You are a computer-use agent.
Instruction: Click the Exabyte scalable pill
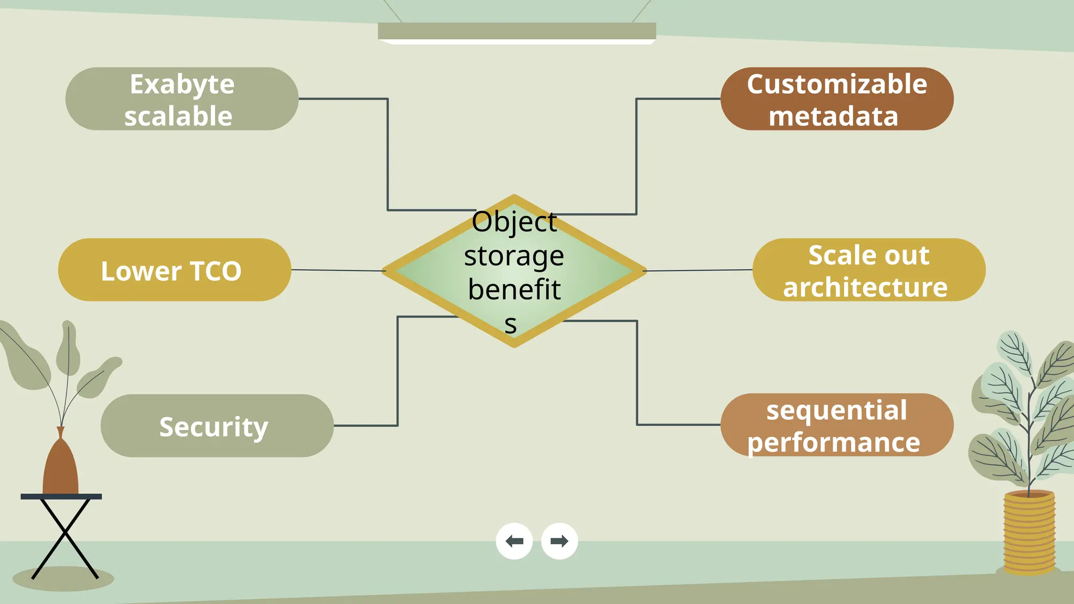click(181, 99)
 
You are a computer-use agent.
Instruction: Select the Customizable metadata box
click(837, 99)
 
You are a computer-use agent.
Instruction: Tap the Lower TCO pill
click(174, 270)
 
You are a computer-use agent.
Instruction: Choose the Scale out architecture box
click(868, 270)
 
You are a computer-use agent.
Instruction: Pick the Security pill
click(217, 426)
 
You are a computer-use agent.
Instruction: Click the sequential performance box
click(837, 425)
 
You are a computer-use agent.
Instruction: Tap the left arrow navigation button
click(514, 541)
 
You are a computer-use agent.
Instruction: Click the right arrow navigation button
click(559, 541)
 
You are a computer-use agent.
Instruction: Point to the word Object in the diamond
click(514, 222)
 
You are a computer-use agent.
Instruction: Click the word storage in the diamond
click(514, 256)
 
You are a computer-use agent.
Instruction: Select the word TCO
click(216, 271)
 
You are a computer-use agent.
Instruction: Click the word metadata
click(833, 116)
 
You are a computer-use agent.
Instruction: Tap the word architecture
click(865, 287)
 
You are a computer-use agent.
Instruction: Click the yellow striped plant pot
click(1029, 532)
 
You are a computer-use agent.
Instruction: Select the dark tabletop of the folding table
click(61, 497)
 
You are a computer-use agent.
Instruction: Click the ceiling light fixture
click(517, 31)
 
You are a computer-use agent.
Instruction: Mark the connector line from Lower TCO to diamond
click(338, 271)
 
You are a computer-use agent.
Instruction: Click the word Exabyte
click(182, 84)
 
